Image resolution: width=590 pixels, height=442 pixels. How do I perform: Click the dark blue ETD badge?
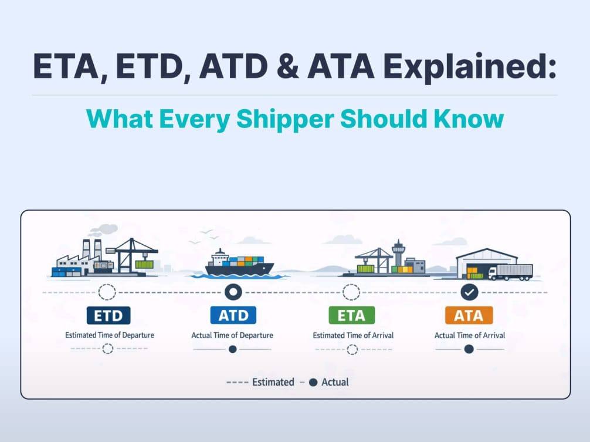click(108, 315)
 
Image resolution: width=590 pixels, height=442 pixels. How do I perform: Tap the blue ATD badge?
click(233, 315)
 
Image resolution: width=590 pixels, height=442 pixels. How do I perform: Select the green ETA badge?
click(351, 315)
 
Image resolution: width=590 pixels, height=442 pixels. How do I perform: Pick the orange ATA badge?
click(469, 315)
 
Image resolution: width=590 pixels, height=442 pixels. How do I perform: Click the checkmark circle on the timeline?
click(469, 292)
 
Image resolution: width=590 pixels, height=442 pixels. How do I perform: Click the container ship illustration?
click(239, 264)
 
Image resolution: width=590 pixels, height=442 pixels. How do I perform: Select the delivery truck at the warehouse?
click(510, 272)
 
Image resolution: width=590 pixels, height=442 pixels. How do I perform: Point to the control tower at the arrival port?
click(398, 253)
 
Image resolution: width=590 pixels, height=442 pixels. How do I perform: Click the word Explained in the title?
click(470, 67)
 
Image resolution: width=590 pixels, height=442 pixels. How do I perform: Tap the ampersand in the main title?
click(287, 66)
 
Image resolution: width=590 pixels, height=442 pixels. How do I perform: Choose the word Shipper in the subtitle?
click(285, 119)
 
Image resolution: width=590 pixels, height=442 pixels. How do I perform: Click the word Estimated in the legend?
click(273, 382)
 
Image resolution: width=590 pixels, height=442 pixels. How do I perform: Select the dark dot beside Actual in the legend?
click(313, 383)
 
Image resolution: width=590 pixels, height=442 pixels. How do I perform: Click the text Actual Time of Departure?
click(232, 335)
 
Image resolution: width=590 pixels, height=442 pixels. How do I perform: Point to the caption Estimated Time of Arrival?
click(353, 335)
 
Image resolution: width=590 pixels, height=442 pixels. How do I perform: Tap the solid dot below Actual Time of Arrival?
click(469, 349)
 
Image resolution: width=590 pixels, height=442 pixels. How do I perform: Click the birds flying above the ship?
click(204, 237)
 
